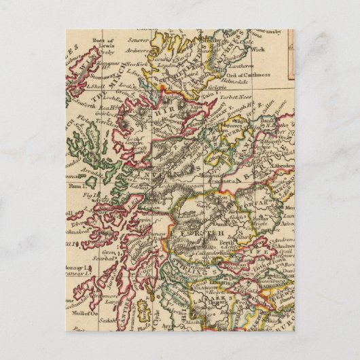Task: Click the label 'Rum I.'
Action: tap(75, 184)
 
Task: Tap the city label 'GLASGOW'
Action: tap(216, 286)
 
